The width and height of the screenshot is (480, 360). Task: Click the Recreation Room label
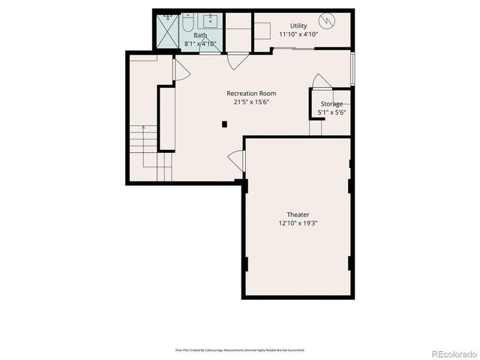tap(246, 94)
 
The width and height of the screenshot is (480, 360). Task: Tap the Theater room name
tap(298, 214)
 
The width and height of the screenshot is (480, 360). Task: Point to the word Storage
tap(331, 104)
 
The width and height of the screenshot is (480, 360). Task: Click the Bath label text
tap(200, 35)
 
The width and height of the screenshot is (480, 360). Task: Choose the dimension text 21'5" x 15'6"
tap(247, 103)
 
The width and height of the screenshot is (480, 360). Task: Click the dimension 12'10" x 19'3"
tap(298, 223)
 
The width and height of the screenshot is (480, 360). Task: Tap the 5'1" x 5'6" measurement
tap(331, 112)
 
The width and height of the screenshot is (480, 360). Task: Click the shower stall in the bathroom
tap(166, 30)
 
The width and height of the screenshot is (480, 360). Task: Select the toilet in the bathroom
tap(187, 20)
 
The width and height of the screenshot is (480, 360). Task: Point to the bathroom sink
tap(210, 19)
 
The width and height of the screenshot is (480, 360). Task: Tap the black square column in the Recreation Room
tap(223, 124)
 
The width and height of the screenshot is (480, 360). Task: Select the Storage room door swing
tap(319, 81)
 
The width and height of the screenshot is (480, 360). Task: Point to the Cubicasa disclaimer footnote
tap(239, 350)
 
